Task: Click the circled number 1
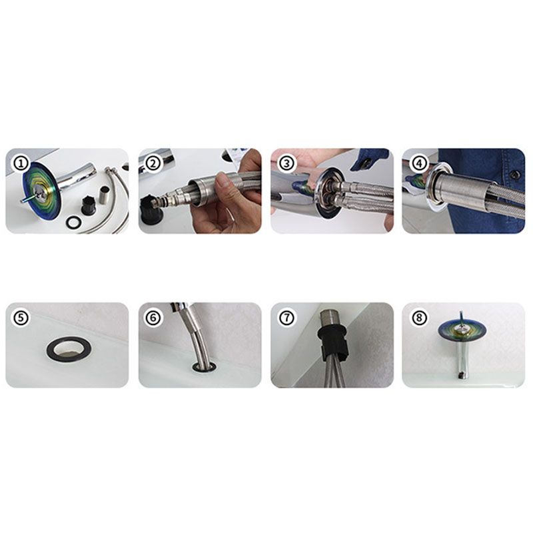coord(21,163)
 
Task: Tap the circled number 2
coord(153,163)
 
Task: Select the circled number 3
coord(286,163)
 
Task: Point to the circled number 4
coord(419,163)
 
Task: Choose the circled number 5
coord(21,318)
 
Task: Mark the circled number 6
coord(153,318)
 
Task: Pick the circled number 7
coord(286,318)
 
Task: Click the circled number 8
coord(419,318)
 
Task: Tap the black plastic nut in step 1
coord(88,205)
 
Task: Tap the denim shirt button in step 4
coord(515,175)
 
